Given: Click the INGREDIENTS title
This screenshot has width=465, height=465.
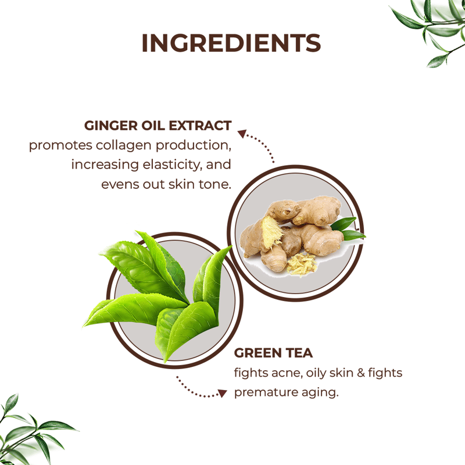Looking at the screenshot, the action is click(x=231, y=43).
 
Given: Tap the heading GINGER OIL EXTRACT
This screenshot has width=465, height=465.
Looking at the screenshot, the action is click(x=158, y=126).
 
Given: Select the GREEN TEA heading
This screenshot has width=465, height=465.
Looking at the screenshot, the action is click(x=273, y=353).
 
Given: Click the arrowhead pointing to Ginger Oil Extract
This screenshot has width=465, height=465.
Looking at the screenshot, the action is click(x=242, y=134).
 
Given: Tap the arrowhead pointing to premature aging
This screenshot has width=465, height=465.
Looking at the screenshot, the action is click(x=223, y=394).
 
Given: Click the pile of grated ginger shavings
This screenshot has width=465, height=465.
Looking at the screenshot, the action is click(x=302, y=264).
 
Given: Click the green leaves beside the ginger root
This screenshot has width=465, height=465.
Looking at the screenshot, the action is click(x=348, y=229).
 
